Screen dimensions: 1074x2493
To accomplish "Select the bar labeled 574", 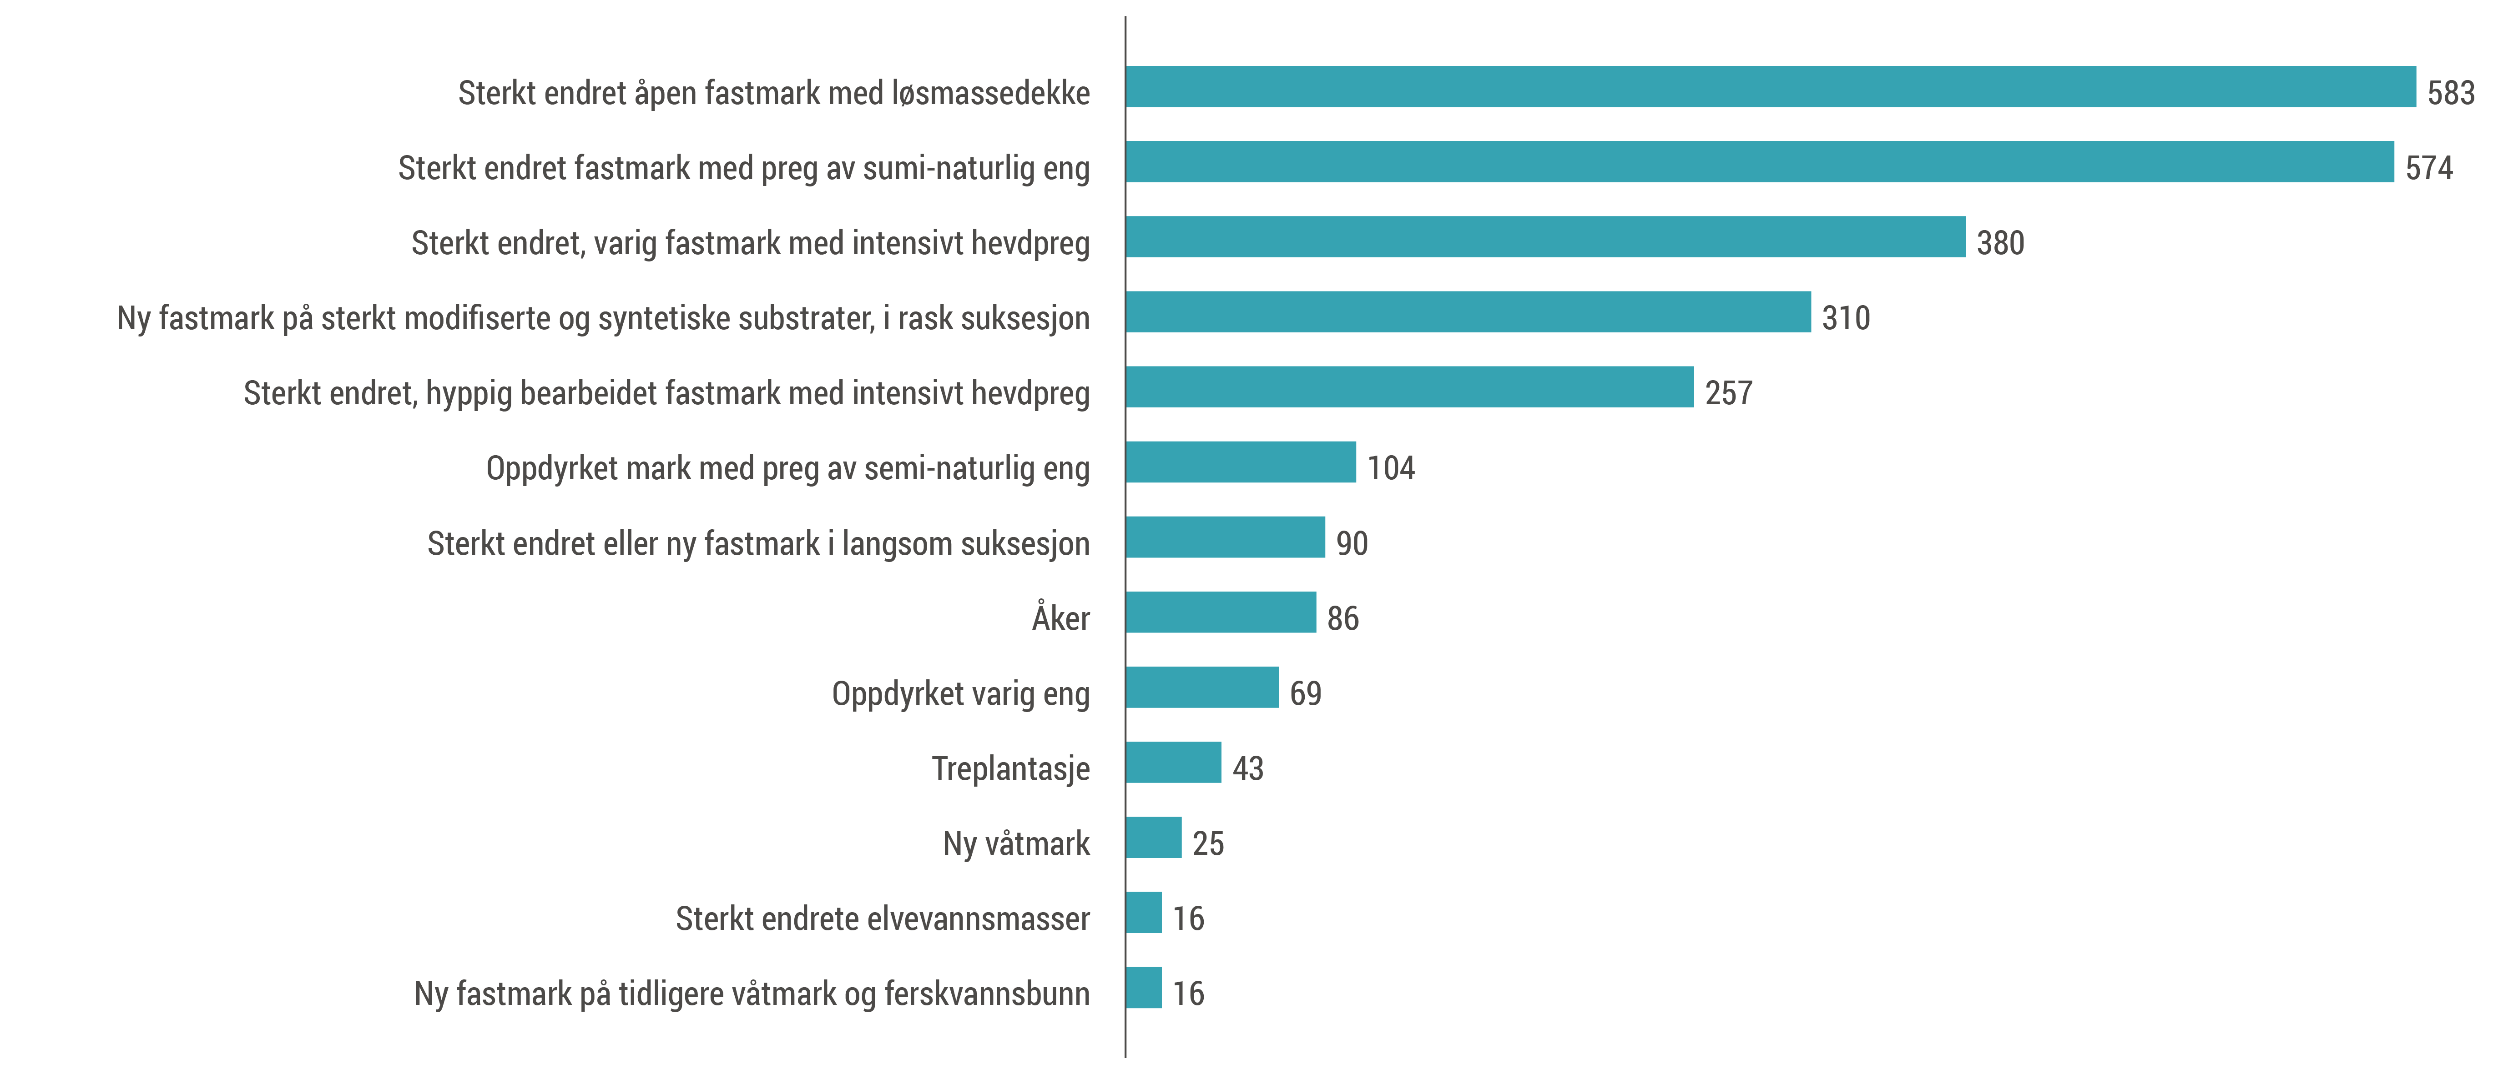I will [x=1759, y=161].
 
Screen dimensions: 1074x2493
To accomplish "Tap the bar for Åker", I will [x=1221, y=612].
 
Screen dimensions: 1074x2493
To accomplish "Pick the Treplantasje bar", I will [x=1173, y=763].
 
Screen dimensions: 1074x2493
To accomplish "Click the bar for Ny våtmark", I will [x=1154, y=838].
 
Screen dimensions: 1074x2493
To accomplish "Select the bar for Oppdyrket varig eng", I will [x=1202, y=688].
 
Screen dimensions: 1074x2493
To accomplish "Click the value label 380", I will [x=2000, y=243].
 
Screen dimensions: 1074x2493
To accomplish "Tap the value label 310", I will [x=1846, y=318].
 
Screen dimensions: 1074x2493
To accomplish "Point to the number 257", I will [x=1728, y=393].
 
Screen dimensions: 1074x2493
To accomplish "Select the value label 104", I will [x=1391, y=468].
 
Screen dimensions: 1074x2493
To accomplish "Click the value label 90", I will [x=1352, y=544].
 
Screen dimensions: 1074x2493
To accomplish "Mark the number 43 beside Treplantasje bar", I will [x=1247, y=768].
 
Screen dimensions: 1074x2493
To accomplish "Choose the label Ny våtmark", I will [x=1016, y=844].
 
